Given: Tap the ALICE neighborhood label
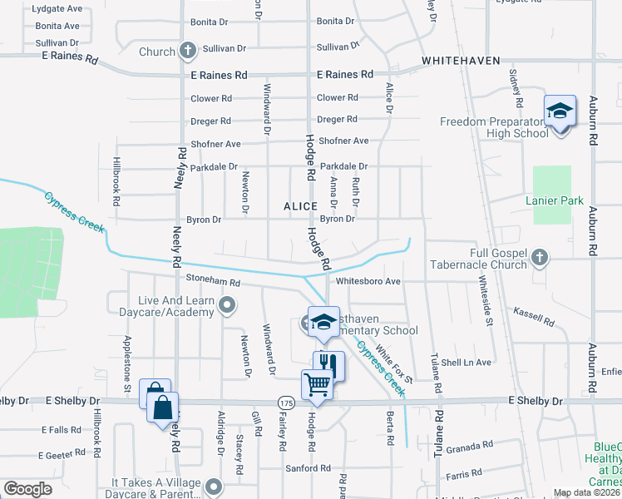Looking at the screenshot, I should pos(300,205).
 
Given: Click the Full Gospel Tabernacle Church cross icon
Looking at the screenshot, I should pos(540,258).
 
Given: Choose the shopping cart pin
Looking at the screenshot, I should pos(318,385).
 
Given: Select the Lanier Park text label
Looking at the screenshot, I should pos(555,200).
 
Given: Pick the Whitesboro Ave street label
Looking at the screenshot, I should pos(368,281).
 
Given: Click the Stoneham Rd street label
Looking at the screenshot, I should pos(213,282).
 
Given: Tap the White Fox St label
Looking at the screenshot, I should pos(394,363).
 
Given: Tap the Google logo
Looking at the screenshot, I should pos(27,489).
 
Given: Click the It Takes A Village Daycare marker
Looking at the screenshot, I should pos(214,486).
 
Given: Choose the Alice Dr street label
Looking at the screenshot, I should pos(388,98).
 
